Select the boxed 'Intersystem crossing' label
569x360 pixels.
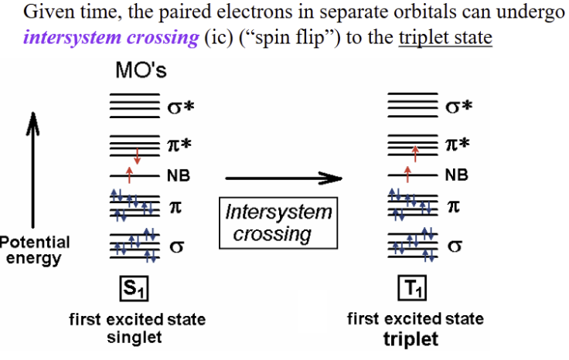pyautogui.click(x=278, y=223)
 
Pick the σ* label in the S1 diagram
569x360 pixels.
pyautogui.click(x=181, y=107)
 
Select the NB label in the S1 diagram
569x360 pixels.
pyautogui.click(x=179, y=176)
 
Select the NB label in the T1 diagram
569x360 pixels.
pyautogui.click(x=457, y=176)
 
